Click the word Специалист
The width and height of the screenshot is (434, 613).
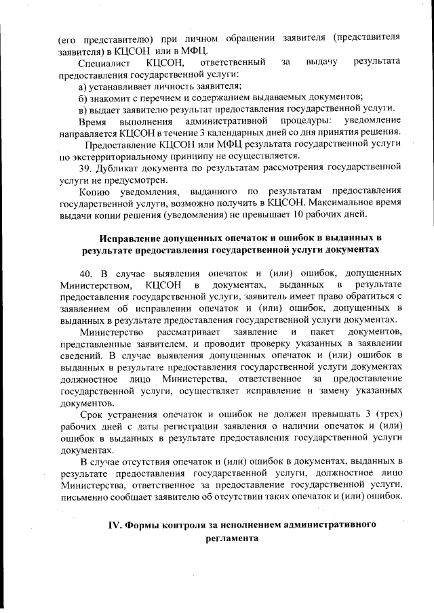click(102, 62)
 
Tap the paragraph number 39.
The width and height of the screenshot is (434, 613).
click(85, 167)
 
